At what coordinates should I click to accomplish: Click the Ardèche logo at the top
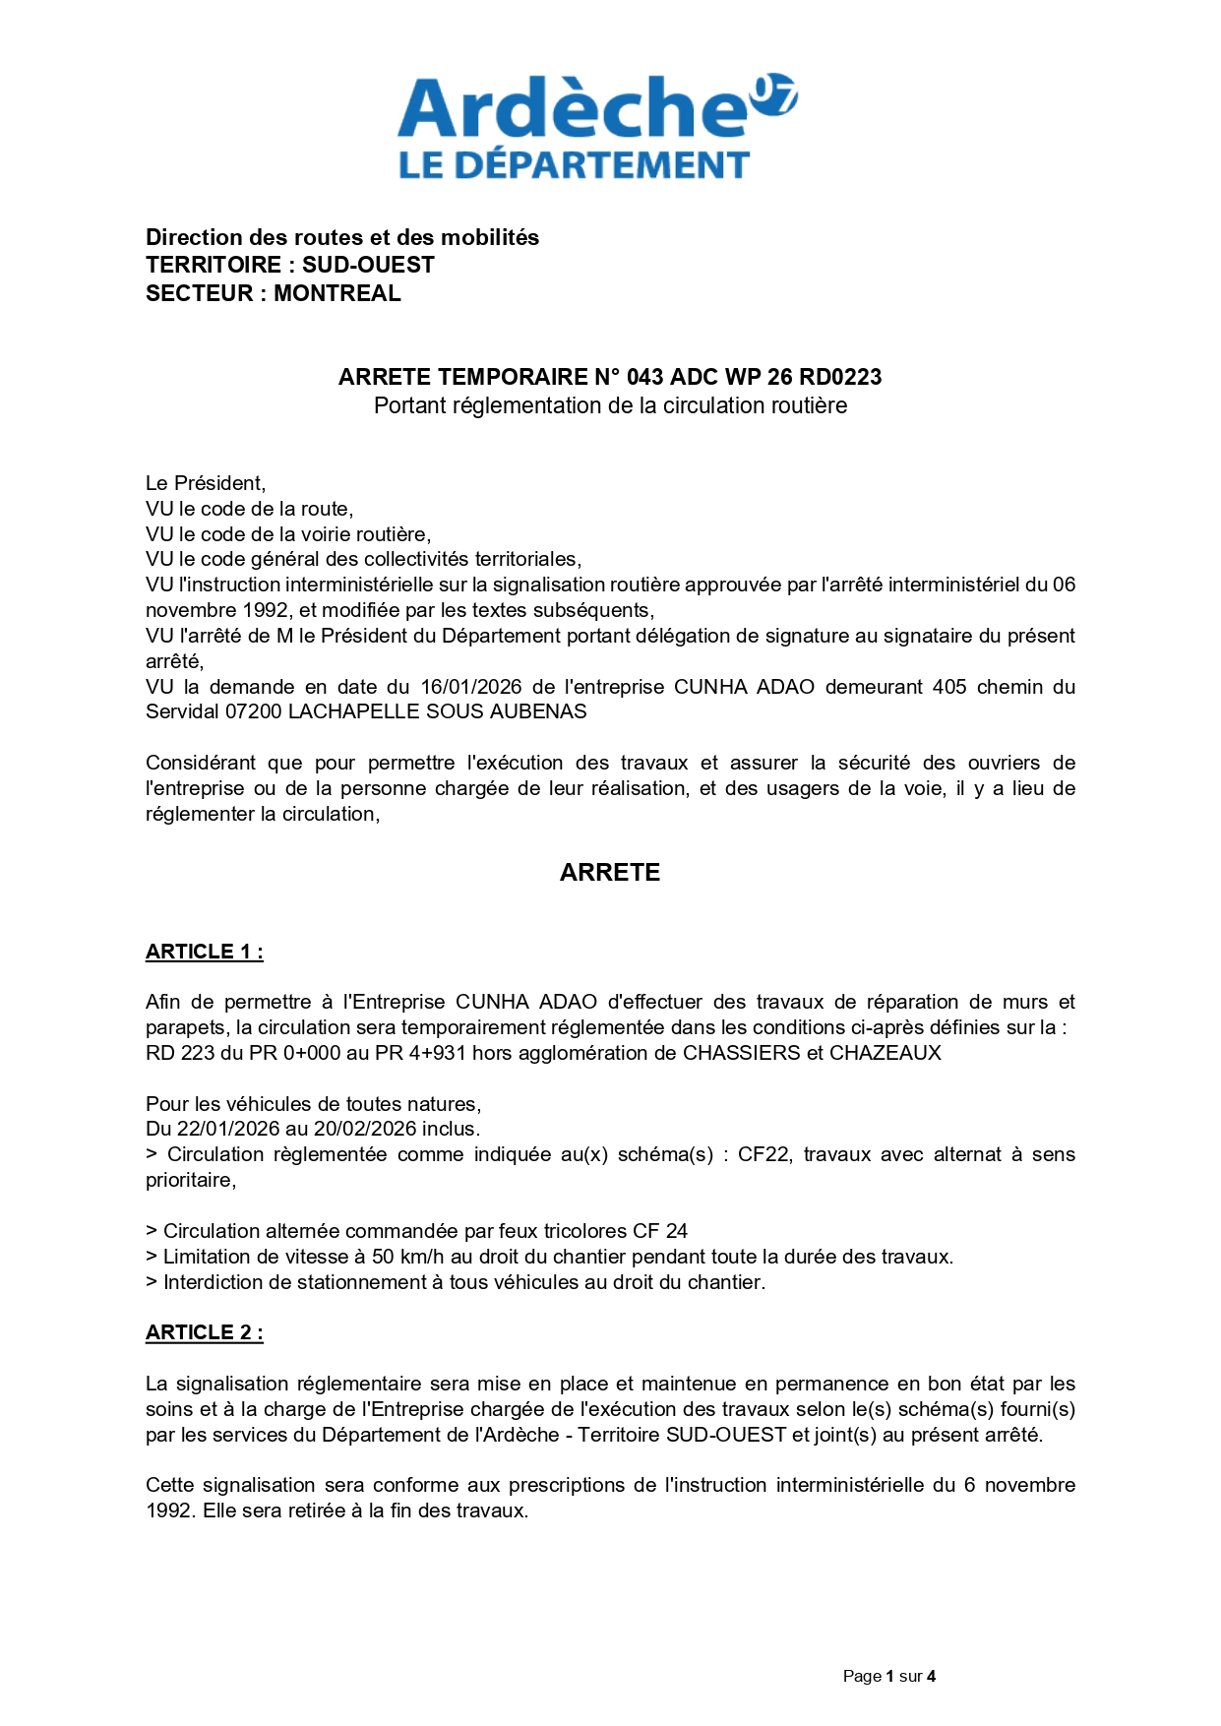pyautogui.click(x=596, y=126)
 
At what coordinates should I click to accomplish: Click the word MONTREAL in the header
pyautogui.click(x=336, y=293)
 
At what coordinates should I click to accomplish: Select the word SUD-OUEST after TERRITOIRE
pyautogui.click(x=368, y=265)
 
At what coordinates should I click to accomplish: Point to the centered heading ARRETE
pyautogui.click(x=609, y=873)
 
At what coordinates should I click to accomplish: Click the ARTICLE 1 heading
pyautogui.click(x=204, y=952)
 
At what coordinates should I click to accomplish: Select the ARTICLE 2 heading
pyautogui.click(x=204, y=1332)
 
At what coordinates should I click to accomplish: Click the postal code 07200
pyautogui.click(x=254, y=711)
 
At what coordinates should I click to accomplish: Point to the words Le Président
pyautogui.click(x=205, y=483)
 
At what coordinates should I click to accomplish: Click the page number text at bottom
pyautogui.click(x=888, y=1676)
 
